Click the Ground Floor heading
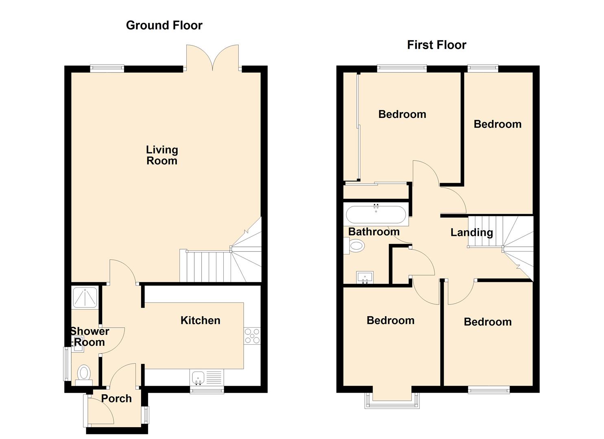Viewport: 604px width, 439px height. pyautogui.click(x=164, y=26)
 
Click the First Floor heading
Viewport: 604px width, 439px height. pyautogui.click(x=436, y=45)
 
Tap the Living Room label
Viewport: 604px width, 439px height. pyautogui.click(x=162, y=155)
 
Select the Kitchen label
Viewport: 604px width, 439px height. pyautogui.click(x=201, y=320)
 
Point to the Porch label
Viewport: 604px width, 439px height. pyautogui.click(x=116, y=399)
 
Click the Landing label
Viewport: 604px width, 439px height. pyautogui.click(x=471, y=232)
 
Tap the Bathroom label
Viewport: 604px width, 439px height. pyautogui.click(x=374, y=232)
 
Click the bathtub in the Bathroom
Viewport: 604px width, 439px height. pyautogui.click(x=376, y=215)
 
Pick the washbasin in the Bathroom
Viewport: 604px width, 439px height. pyautogui.click(x=365, y=278)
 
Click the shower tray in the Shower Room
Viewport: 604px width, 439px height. pyautogui.click(x=85, y=298)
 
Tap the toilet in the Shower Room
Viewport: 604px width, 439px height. pyautogui.click(x=84, y=375)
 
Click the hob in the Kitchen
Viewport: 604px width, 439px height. pyautogui.click(x=252, y=336)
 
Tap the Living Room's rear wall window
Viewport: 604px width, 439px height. pyautogui.click(x=107, y=68)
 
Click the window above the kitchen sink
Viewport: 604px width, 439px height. pyautogui.click(x=207, y=390)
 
